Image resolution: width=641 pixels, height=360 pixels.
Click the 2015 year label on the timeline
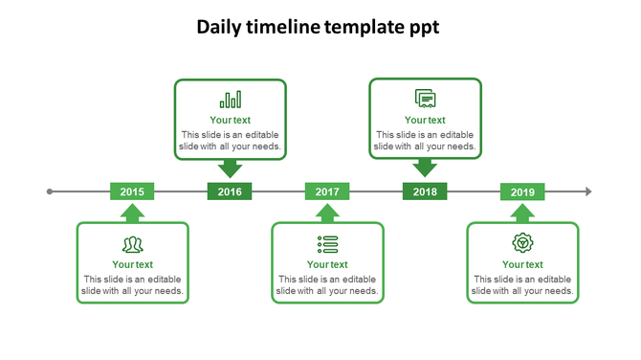click(132, 191)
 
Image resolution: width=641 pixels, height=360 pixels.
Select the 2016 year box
click(230, 191)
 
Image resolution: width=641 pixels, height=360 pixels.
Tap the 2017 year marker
click(327, 191)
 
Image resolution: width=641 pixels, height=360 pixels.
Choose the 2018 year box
click(425, 191)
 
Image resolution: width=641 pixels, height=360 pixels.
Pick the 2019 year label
click(522, 191)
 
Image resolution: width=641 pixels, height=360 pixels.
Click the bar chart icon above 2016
click(231, 100)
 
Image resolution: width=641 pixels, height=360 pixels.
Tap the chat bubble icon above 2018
click(425, 99)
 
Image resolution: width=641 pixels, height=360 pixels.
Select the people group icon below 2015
click(133, 244)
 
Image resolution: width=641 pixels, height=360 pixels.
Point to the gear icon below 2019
click(522, 243)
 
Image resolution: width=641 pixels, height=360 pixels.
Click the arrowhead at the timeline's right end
click(588, 191)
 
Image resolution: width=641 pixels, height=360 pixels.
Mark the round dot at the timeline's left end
click(50, 191)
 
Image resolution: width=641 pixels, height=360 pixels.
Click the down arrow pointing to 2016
click(230, 169)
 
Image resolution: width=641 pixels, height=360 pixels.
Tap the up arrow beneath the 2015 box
click(132, 213)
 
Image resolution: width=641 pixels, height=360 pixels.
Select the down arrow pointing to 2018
click(425, 169)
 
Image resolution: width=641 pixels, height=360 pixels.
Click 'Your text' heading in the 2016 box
click(230, 120)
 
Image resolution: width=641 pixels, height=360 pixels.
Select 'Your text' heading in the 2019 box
click(522, 264)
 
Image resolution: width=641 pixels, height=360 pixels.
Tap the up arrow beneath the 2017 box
click(327, 213)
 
